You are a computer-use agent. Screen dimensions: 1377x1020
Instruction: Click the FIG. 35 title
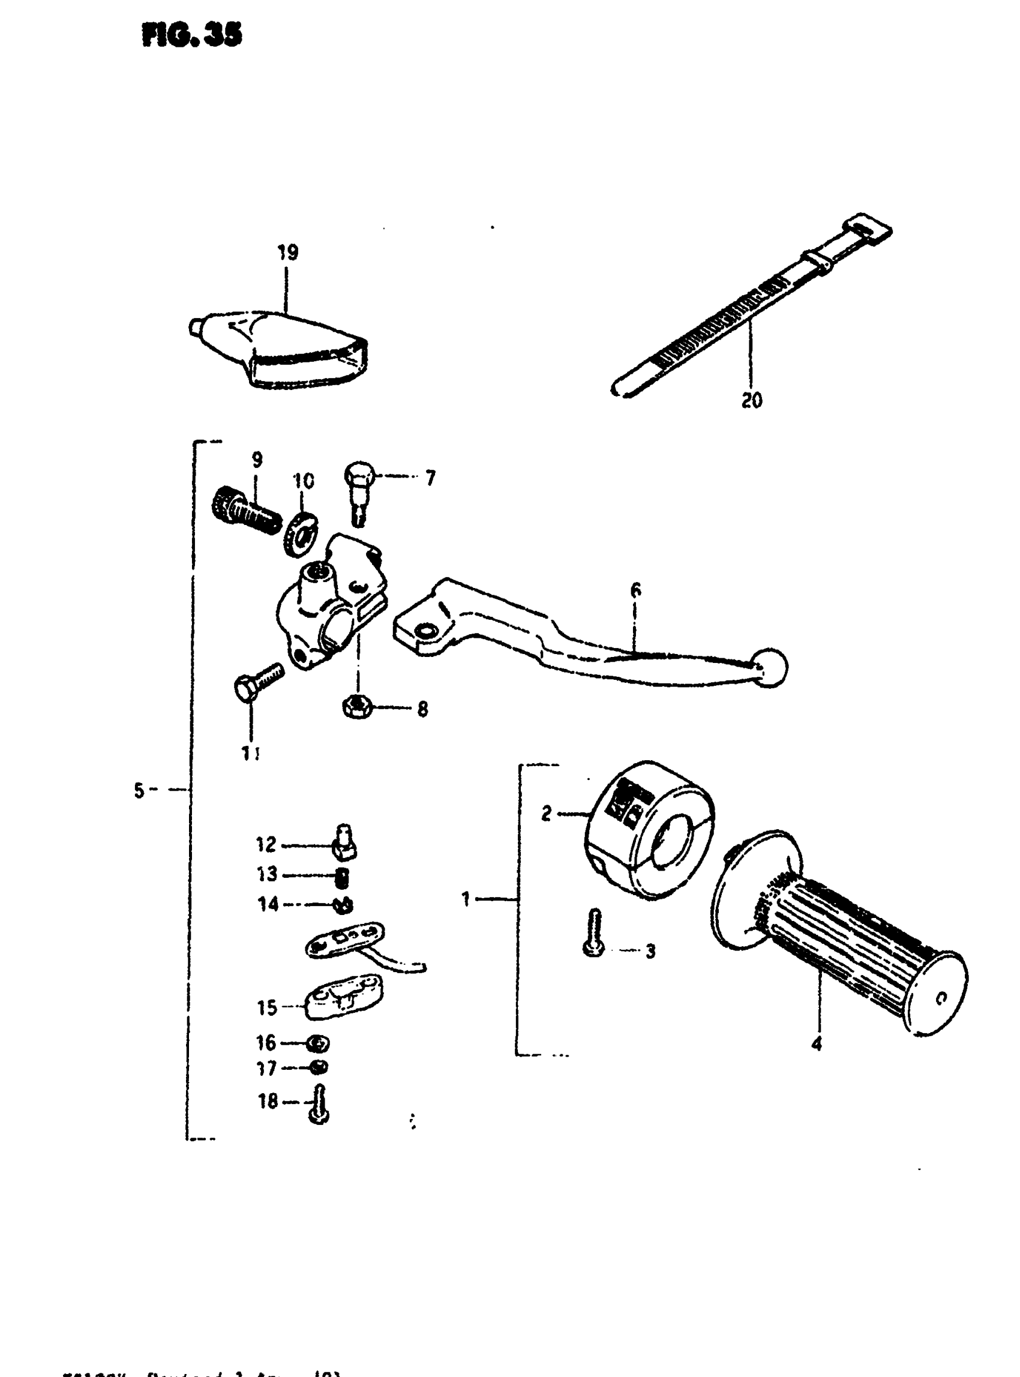coord(191,36)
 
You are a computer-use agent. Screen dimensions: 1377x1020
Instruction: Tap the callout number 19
coord(288,253)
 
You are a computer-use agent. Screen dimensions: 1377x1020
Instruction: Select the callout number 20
coord(751,401)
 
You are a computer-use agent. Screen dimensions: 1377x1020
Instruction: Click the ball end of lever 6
coord(770,668)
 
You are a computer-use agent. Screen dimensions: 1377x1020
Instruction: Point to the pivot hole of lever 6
coord(425,631)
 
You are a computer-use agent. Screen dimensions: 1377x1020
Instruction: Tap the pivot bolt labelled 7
coord(358,491)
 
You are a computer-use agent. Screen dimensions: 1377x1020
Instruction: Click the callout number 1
coord(466,899)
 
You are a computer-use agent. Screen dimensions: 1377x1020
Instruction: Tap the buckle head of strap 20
coord(869,227)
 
